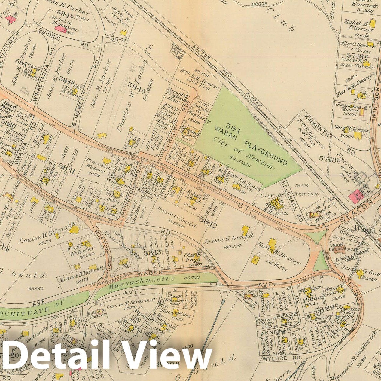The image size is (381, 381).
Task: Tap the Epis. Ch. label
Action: (323, 220)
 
